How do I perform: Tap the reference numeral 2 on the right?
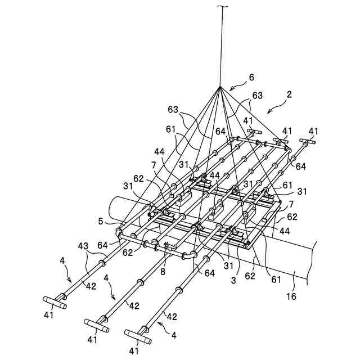(x=289, y=96)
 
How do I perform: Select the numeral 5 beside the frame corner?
(x=101, y=221)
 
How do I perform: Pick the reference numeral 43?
(x=83, y=246)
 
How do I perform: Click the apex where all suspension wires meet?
(x=220, y=88)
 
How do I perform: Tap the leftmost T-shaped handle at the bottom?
(x=55, y=302)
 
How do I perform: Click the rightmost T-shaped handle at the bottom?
(x=138, y=337)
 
